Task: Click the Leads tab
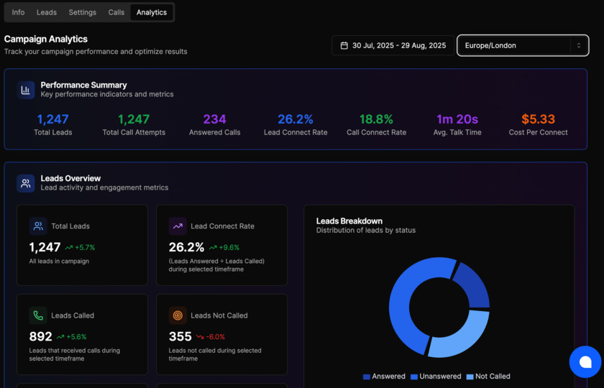[47, 12]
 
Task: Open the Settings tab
[83, 12]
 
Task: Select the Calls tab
[116, 12]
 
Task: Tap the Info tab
[18, 12]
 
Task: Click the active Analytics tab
[152, 12]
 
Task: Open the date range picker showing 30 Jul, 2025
[393, 45]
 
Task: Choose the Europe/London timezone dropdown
[523, 45]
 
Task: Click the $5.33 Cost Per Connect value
[538, 119]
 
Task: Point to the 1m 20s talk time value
[457, 119]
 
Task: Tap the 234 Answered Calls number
[214, 119]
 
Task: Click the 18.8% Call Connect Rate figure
[376, 119]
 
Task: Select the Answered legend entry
[385, 377]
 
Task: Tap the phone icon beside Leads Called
[38, 315]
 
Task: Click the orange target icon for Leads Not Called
[178, 315]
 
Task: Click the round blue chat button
[585, 362]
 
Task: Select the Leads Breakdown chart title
[349, 221]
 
